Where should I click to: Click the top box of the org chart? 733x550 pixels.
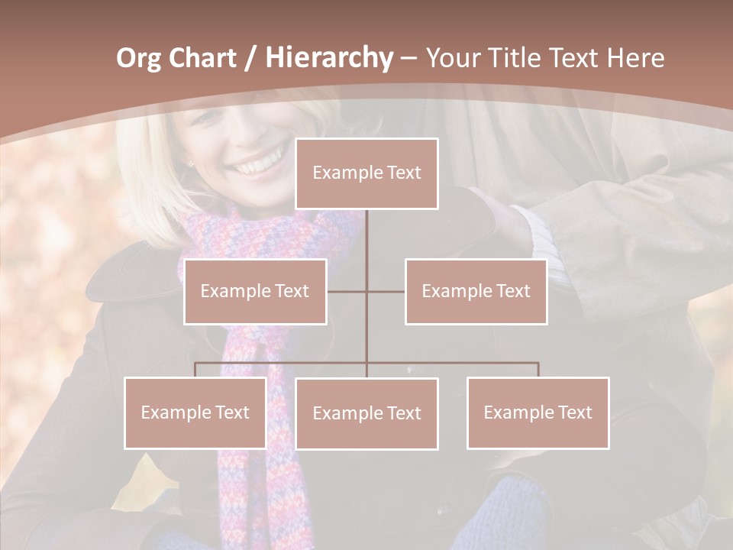coord(366,173)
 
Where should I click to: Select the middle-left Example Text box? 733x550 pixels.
coord(255,291)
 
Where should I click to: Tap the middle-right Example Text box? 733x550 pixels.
coord(476,291)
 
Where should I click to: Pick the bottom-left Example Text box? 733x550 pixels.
coord(195,412)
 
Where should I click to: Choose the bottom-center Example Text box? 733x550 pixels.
coord(366,413)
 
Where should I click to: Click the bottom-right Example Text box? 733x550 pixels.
coord(538,412)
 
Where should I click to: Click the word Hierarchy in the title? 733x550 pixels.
coord(329,58)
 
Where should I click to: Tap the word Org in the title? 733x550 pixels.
coord(138,58)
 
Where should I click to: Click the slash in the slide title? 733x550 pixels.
coord(250,59)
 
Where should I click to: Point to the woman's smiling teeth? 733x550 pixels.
coord(257,163)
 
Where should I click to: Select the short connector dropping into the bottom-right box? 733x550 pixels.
coord(538,370)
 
